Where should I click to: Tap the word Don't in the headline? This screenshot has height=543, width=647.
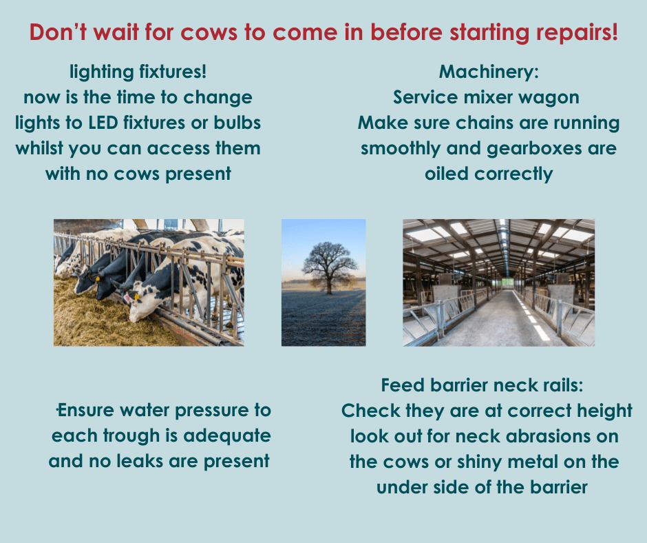click(58, 32)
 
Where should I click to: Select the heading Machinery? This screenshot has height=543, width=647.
click(489, 72)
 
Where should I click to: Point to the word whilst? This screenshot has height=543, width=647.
click(39, 148)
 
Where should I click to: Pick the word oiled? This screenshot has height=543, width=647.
click(447, 174)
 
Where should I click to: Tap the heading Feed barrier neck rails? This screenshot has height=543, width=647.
click(482, 385)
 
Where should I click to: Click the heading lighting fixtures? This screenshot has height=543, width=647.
click(138, 72)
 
